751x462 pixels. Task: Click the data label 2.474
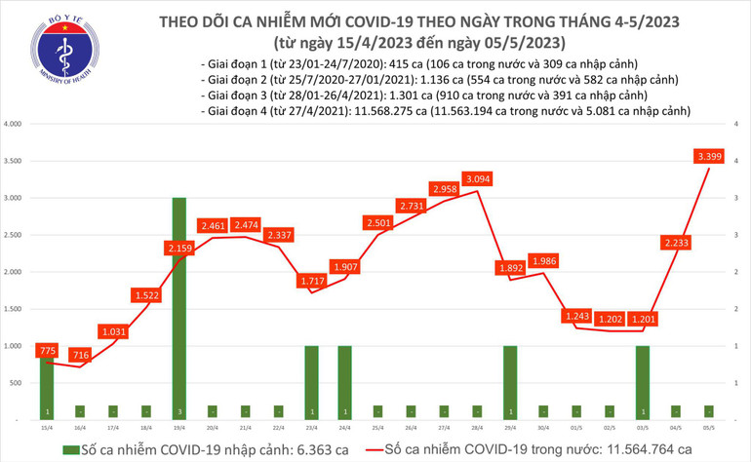[x=247, y=225]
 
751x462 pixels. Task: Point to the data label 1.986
[x=543, y=260]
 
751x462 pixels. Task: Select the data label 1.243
[x=576, y=316]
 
